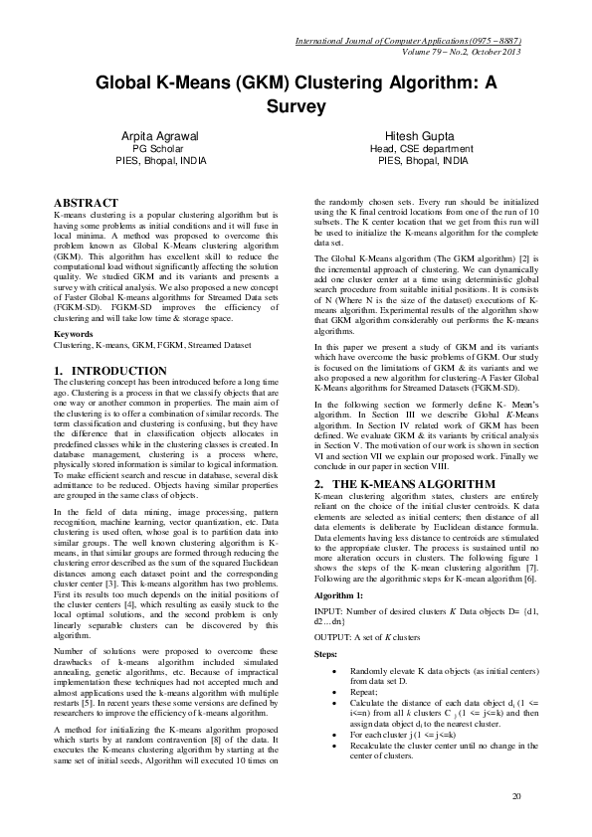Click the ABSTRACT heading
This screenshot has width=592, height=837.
click(86, 203)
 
